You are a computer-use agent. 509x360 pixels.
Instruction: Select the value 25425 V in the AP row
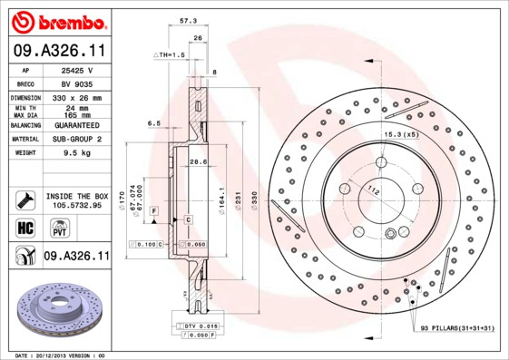coord(78,70)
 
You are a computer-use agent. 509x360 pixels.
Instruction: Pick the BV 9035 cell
coord(78,83)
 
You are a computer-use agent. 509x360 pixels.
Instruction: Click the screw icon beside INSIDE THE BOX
coord(24,199)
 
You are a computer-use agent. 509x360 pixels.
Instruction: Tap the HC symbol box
coord(24,228)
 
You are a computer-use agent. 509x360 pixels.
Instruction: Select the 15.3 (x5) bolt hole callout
coord(400,134)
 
